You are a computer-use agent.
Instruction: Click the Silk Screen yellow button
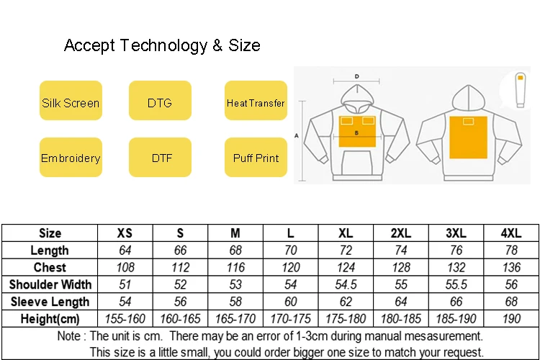tap(70, 102)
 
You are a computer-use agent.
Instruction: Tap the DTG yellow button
tap(160, 102)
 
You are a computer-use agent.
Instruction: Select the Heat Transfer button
tap(256, 102)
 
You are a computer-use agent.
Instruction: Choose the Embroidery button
tap(70, 158)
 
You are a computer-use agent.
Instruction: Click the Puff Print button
tap(256, 158)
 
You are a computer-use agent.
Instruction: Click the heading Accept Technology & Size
tap(162, 45)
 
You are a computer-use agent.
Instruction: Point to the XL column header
tap(346, 233)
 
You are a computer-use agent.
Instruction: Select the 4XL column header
tap(510, 233)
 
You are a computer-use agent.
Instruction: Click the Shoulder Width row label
tap(50, 284)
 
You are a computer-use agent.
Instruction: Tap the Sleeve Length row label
tap(50, 302)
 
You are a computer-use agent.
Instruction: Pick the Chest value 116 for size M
tap(235, 267)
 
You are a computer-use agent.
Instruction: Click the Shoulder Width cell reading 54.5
tap(346, 284)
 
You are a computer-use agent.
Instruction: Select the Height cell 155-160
tap(125, 319)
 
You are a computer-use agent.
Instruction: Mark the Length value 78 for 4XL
tap(510, 251)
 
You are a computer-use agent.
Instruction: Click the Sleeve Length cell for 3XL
tap(456, 302)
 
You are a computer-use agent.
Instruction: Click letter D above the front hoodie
tap(356, 76)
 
